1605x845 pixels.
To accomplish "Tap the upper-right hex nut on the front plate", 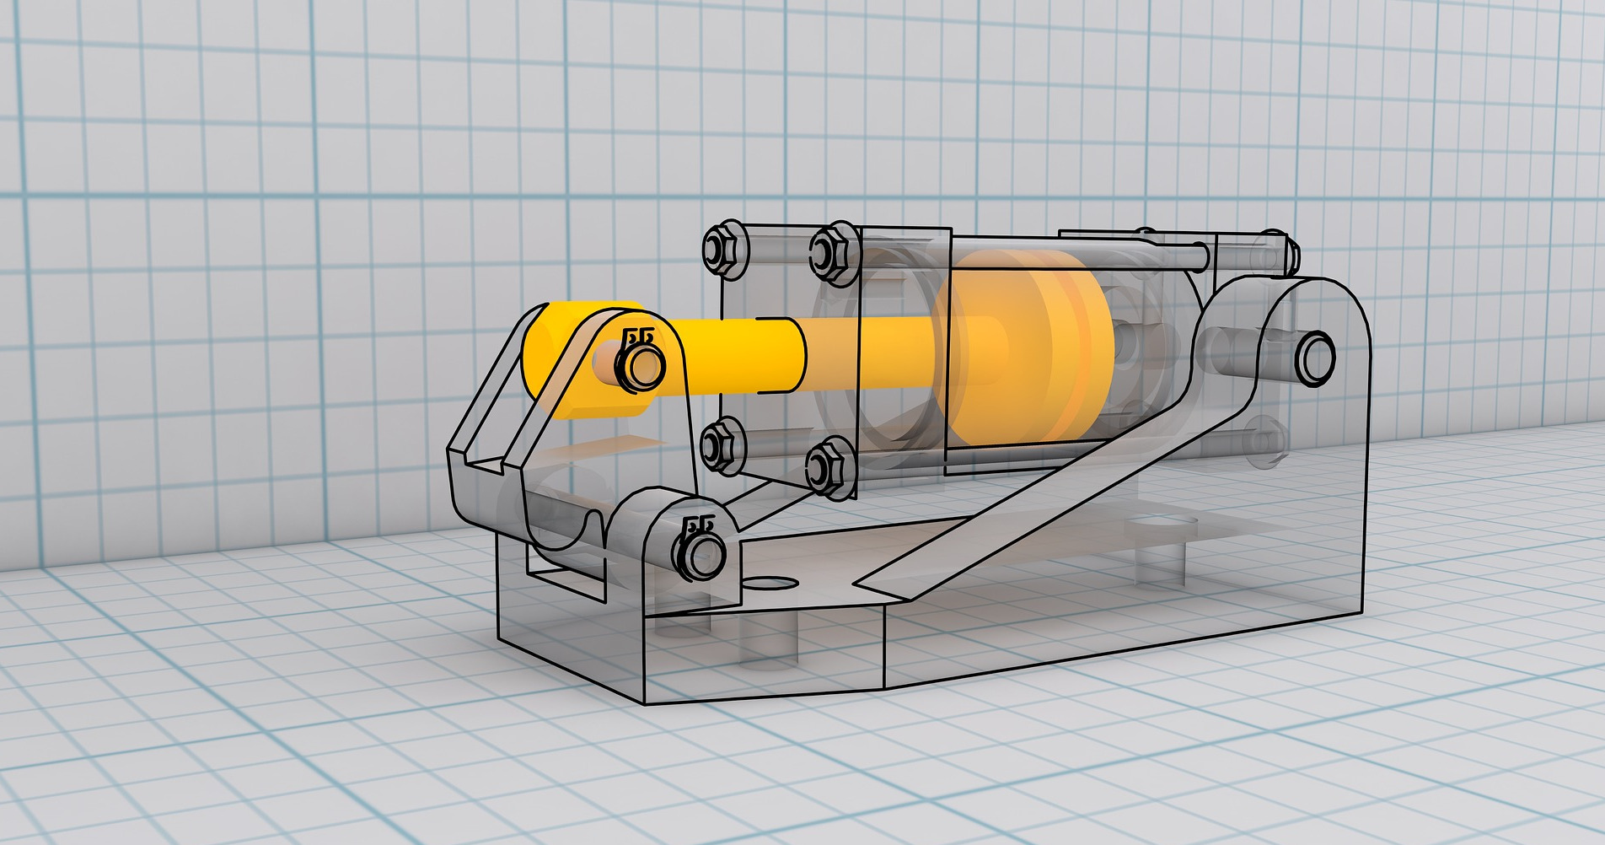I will [x=832, y=250].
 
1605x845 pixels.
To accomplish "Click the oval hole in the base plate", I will [x=767, y=583].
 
